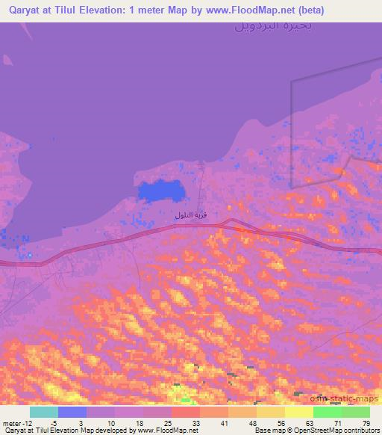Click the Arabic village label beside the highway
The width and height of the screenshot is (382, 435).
click(x=190, y=215)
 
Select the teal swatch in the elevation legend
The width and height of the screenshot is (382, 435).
click(x=44, y=412)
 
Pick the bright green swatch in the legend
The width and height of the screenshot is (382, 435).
click(x=328, y=412)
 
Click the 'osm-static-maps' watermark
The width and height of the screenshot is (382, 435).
click(x=345, y=400)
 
